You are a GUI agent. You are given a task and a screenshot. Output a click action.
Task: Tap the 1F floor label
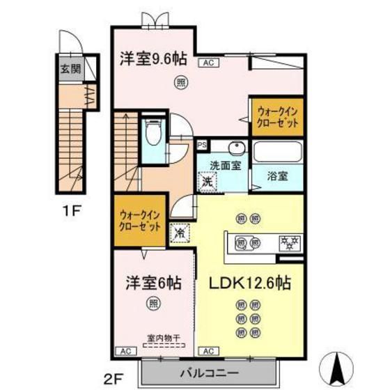pos(69,208)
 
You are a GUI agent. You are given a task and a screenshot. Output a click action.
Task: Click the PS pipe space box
pos(202,146)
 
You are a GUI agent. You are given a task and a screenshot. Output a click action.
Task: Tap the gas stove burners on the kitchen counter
pos(288,243)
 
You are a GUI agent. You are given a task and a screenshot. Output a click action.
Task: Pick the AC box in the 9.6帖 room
pos(208,62)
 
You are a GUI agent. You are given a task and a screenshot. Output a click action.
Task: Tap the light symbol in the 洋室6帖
pos(153,303)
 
